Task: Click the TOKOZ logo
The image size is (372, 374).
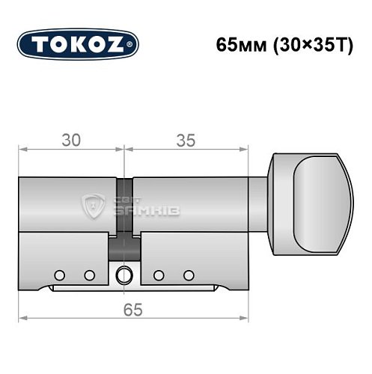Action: (78, 43)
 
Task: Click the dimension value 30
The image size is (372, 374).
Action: (71, 140)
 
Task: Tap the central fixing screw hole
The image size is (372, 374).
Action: (124, 275)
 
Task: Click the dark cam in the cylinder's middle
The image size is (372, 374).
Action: (124, 243)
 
